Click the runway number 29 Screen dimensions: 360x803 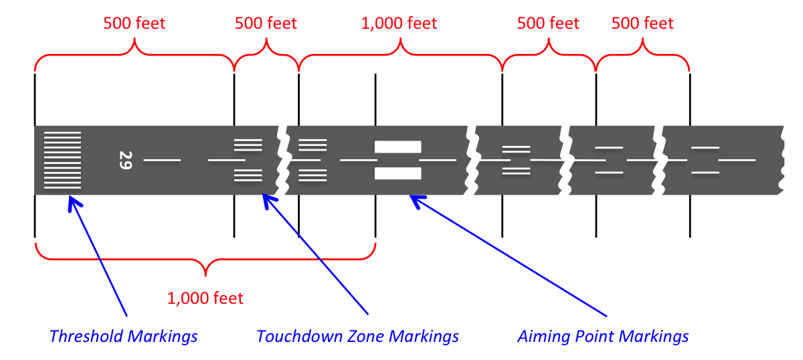(x=124, y=160)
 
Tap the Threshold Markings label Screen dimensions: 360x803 (x=124, y=336)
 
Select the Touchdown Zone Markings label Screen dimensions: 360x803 (x=358, y=336)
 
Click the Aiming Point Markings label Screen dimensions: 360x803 (x=603, y=336)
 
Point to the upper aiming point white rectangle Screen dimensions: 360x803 (x=398, y=147)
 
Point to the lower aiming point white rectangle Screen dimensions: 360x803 (x=398, y=174)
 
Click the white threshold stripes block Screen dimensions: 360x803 (x=62, y=160)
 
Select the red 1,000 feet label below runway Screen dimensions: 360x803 (x=205, y=298)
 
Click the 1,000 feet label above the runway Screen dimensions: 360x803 (x=399, y=23)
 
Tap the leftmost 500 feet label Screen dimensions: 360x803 (x=134, y=23)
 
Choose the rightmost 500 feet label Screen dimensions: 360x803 (x=642, y=23)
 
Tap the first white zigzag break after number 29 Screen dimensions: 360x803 (x=282, y=160)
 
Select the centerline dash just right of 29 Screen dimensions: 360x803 (x=162, y=160)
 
